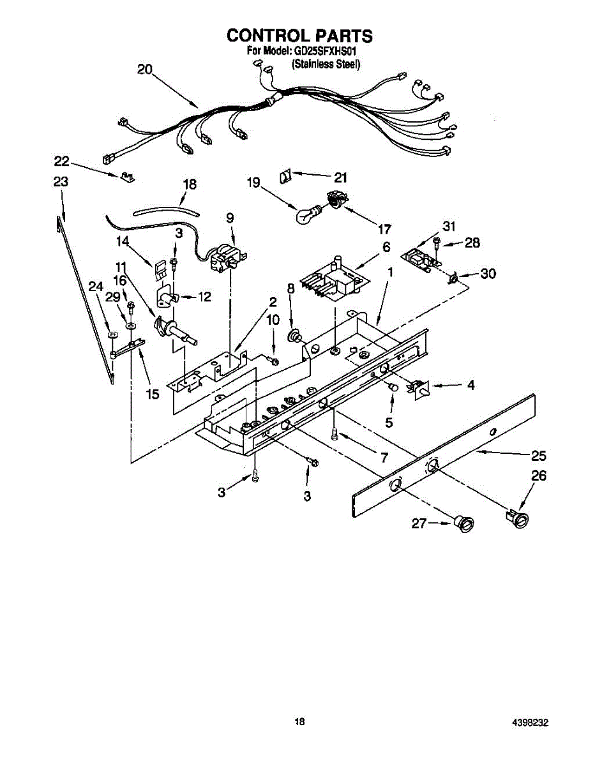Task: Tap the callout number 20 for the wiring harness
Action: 145,70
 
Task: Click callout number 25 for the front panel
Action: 538,456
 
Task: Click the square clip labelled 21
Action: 286,175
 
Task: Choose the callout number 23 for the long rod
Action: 61,181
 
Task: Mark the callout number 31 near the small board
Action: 449,227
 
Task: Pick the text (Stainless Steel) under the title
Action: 326,64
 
